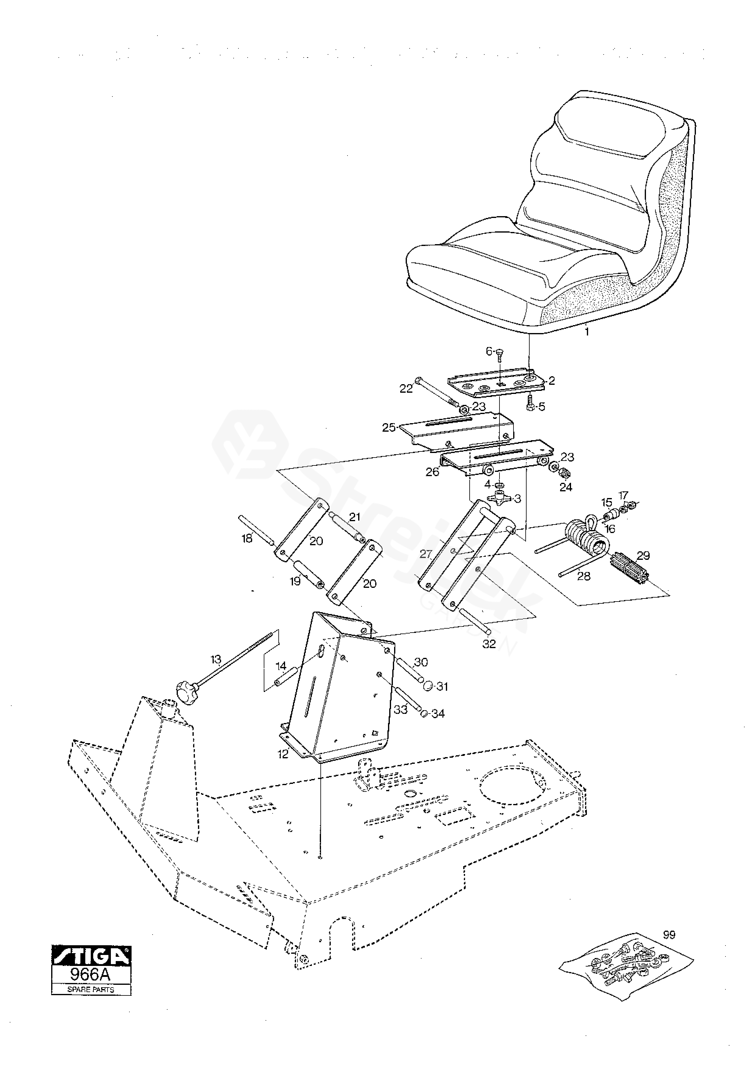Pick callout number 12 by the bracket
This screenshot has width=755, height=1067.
(283, 755)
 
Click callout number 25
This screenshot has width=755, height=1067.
(389, 427)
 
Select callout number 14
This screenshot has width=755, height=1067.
(281, 666)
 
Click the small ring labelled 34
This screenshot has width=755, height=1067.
(424, 713)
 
